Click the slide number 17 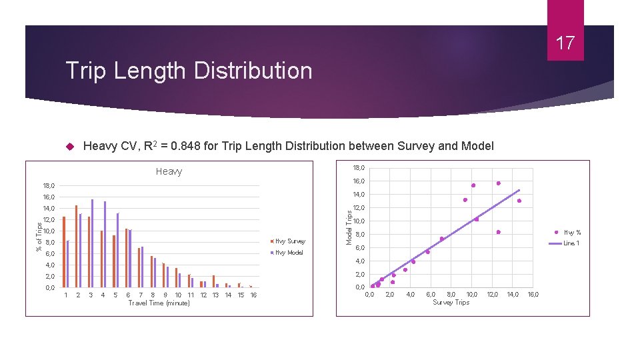click(565, 43)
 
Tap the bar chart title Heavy click(169, 171)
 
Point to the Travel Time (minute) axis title click(159, 303)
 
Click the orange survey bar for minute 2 click(77, 246)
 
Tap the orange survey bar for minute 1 click(64, 252)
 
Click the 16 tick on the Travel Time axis click(253, 295)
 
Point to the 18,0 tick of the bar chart click(49, 186)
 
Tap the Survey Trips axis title click(451, 303)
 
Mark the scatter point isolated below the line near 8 click(498, 232)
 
